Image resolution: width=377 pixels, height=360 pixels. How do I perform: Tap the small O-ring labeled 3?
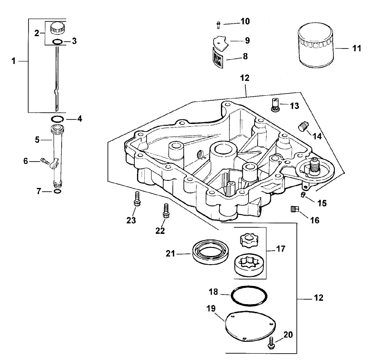(57, 42)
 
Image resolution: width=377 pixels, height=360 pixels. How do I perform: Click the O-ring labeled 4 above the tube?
(57, 119)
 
